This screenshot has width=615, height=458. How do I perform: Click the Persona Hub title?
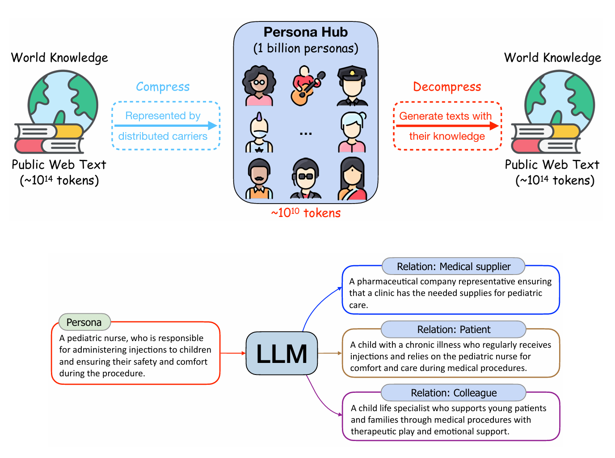tap(305, 32)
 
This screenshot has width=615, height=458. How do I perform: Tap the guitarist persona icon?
tap(307, 86)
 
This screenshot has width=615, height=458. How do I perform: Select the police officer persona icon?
tap(352, 86)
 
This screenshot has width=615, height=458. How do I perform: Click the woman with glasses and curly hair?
tap(259, 86)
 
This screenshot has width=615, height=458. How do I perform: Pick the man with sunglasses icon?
tap(306, 179)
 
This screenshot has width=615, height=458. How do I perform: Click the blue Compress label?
tap(163, 87)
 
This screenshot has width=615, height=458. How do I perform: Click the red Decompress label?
tap(447, 87)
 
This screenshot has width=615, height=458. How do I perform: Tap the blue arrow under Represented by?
tap(165, 126)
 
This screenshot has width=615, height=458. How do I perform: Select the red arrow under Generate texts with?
tap(447, 126)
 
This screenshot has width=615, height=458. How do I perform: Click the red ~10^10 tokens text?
tap(306, 213)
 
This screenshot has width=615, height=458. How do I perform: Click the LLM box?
tap(282, 353)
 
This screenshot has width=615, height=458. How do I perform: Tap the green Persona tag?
tap(84, 322)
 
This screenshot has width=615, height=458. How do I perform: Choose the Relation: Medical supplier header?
tap(454, 266)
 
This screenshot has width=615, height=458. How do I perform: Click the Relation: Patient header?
tap(454, 329)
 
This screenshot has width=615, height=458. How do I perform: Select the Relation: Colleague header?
tap(454, 393)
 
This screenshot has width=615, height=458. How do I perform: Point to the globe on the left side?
tap(63, 100)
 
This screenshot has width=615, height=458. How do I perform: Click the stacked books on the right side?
tap(545, 138)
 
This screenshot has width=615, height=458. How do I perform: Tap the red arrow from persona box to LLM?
tap(233, 353)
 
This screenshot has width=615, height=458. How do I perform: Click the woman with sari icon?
tap(352, 179)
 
